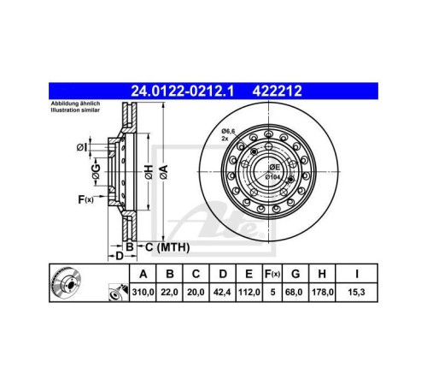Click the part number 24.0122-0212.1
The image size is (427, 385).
pos(182,92)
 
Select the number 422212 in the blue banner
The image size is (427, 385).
pos(277,92)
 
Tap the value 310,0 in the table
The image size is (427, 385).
pos(143,293)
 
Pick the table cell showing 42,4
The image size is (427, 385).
pos(223,293)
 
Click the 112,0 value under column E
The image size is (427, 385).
pos(249,293)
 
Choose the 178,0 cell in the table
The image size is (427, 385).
pos(322,293)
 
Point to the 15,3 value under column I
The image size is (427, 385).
pos(356,293)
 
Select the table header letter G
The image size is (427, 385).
pos(295,274)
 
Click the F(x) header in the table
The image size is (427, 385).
pos(272,274)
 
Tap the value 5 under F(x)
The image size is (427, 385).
pos(272,293)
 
